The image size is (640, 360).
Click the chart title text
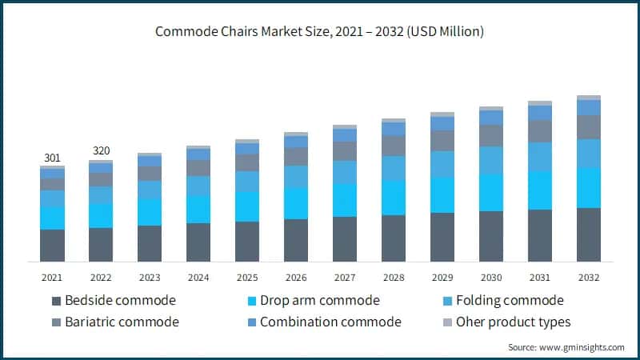coord(320,32)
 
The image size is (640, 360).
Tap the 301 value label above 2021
coord(52,158)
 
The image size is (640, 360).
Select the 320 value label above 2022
coord(101,150)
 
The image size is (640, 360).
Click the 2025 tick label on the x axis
coord(247,277)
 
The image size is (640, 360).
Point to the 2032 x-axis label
coord(589,277)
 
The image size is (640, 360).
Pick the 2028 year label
coord(394,277)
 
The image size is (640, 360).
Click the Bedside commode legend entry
coord(120,301)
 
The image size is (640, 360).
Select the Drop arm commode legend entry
coord(314,301)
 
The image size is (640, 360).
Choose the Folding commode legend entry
coord(510,301)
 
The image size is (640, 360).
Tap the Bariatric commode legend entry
coord(122,322)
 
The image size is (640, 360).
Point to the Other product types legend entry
coord(513,322)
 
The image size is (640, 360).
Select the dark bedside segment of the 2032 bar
coord(589,234)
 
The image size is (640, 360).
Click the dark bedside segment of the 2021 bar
coord(52,245)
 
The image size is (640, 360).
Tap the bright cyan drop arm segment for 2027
coord(345,200)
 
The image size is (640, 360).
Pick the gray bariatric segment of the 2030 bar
coord(491,135)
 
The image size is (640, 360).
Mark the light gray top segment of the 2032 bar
coord(589,98)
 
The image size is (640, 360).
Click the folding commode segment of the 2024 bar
coord(198,186)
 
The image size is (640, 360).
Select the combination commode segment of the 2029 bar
coord(442,124)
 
